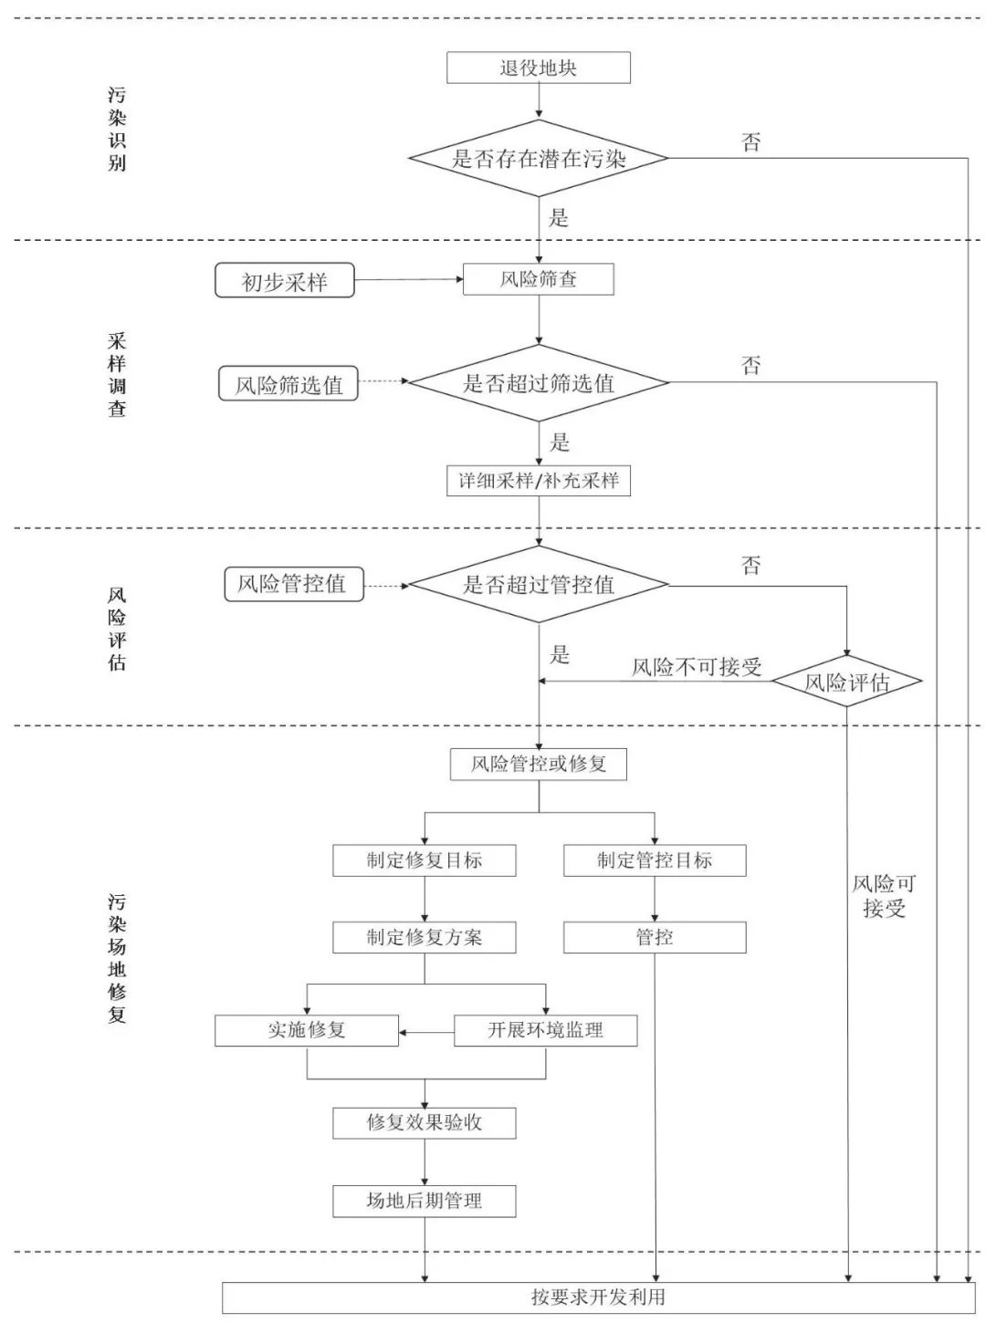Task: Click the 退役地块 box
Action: [539, 68]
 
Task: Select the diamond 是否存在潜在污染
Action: [539, 158]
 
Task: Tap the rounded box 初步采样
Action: [284, 281]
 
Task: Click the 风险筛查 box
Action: [539, 279]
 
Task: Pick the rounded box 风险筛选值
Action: [288, 384]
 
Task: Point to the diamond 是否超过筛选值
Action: [539, 383]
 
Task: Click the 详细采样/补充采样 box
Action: [539, 481]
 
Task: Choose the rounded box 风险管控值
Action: [293, 584]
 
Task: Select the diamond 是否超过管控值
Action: [539, 584]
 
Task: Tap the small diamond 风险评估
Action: [846, 682]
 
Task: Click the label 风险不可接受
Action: [697, 667]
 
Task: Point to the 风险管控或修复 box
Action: [539, 764]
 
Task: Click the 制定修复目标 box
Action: [424, 860]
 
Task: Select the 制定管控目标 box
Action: [655, 860]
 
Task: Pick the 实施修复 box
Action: [307, 1030]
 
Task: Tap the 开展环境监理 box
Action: [545, 1030]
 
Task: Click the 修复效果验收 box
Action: [424, 1122]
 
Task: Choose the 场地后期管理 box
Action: [424, 1201]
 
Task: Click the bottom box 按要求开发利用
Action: [598, 1297]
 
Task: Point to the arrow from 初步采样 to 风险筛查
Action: [408, 279]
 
